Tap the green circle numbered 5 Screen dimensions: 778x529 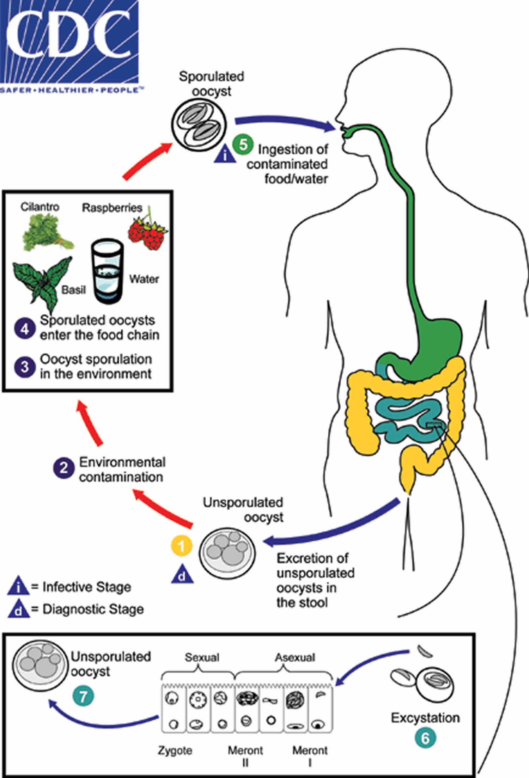pos(243,145)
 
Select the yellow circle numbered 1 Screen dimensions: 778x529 pos(182,546)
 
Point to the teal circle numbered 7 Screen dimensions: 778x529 pos(83,696)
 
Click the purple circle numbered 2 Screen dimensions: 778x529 pos(63,468)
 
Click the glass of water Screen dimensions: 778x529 pos(107,271)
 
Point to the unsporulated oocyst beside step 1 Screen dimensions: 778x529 pos(227,553)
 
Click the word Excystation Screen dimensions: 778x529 pos(425,718)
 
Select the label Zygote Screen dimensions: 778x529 pos(175,750)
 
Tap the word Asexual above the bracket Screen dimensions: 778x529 pos(295,657)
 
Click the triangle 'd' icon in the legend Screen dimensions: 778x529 pos(19,609)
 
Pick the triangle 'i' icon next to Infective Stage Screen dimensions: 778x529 pos(18,587)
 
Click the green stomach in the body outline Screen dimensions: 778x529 pos(439,342)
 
